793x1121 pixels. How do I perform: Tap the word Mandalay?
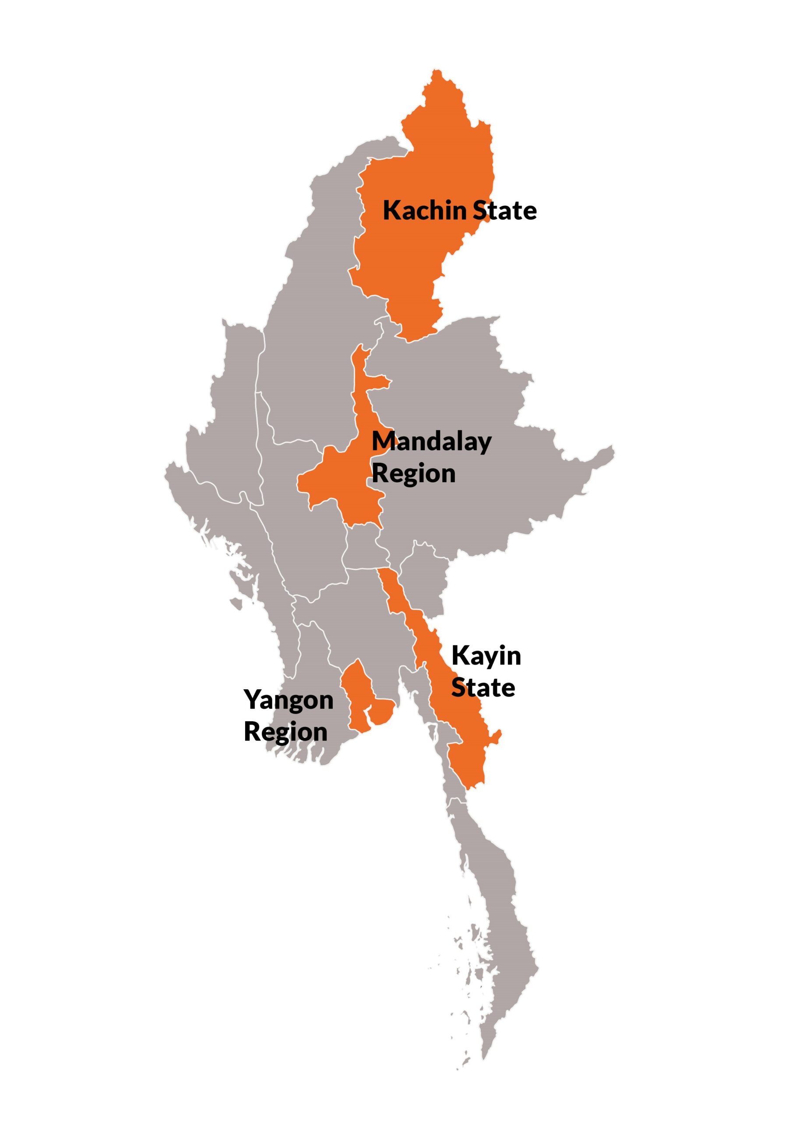coord(432,442)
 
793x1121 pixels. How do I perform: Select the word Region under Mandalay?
coord(414,474)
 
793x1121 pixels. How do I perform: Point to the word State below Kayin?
coord(483,687)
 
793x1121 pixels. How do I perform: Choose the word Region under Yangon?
coord(285,732)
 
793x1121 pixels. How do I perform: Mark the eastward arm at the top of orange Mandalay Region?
coord(381,381)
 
